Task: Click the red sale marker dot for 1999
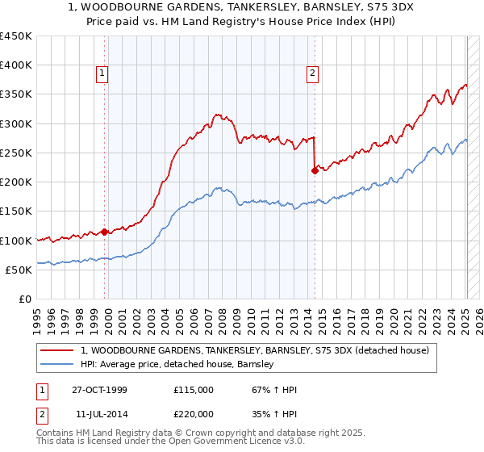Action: (105, 232)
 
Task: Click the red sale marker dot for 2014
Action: (314, 170)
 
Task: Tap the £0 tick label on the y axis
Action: (24, 299)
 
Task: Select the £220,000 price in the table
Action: (193, 413)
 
